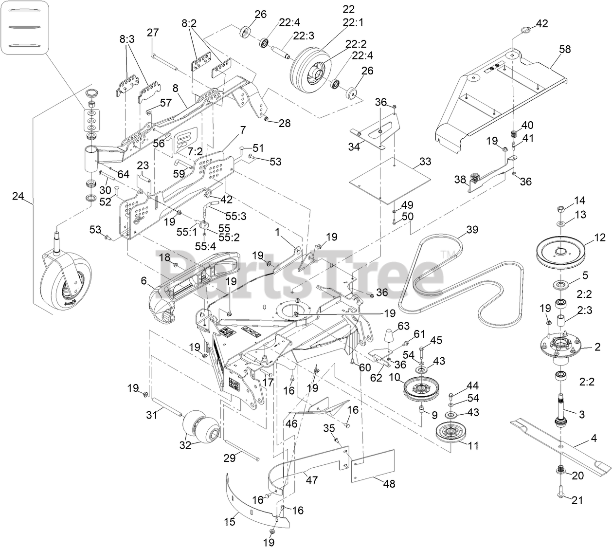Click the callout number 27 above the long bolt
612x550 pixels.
click(x=153, y=33)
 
